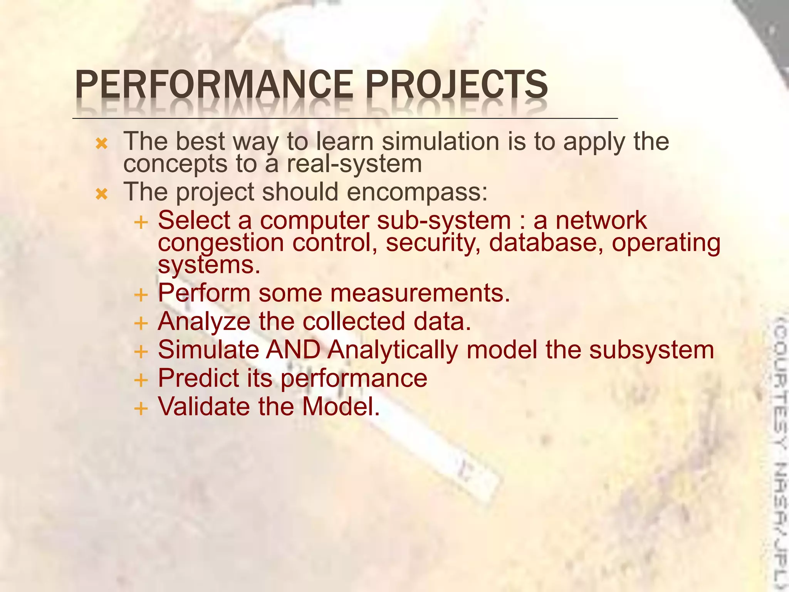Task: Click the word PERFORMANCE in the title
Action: [214, 85]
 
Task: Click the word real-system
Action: [354, 164]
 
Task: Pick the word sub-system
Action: [443, 220]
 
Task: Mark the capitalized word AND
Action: [293, 350]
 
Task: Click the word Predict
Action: [198, 378]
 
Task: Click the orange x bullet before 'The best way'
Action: [102, 144]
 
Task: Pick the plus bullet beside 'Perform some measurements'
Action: [141, 295]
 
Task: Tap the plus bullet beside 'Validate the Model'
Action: [141, 409]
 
